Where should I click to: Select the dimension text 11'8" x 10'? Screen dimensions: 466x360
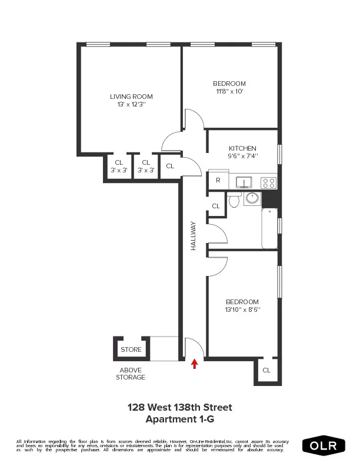tap(229, 92)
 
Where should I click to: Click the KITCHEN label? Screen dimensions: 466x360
tap(242, 148)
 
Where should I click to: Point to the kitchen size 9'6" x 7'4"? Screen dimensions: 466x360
tap(242, 157)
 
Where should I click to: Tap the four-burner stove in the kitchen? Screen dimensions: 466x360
tap(269, 182)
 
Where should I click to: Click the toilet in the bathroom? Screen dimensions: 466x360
tap(234, 201)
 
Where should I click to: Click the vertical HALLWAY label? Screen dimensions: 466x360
tap(193, 240)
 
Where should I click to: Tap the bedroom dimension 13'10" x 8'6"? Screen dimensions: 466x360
tap(242, 309)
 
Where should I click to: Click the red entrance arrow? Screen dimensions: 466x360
tap(195, 364)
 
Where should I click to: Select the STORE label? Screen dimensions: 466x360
tap(131, 349)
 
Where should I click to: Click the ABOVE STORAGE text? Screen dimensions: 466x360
tap(130, 374)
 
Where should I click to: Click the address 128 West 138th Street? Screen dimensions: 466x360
tap(180, 407)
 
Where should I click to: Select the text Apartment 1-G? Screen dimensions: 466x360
tap(180, 419)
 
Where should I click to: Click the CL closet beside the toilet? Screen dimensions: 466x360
tap(216, 206)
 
